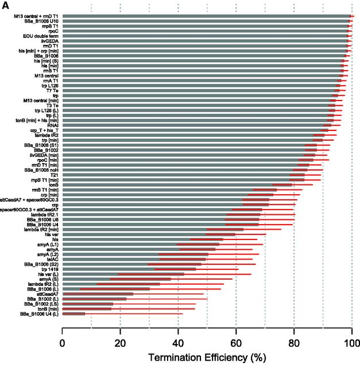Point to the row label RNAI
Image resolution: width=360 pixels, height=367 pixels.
tap(52, 125)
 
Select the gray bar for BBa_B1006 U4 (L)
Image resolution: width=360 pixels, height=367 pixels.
tap(73, 314)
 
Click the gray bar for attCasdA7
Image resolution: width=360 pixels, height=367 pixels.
tap(98, 293)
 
